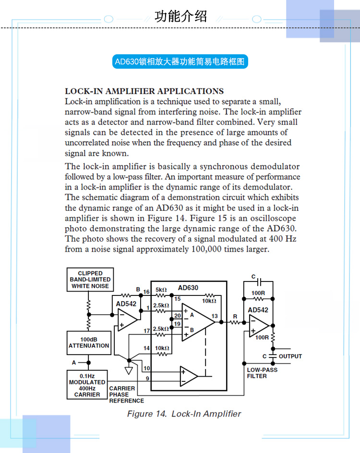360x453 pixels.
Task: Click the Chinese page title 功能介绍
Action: (x=181, y=16)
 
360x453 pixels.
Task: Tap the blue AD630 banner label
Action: (x=180, y=61)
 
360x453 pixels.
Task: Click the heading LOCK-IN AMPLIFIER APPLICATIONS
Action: (x=144, y=91)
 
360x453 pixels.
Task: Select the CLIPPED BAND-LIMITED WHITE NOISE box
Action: (x=90, y=280)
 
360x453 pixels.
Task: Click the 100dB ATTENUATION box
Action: (x=89, y=343)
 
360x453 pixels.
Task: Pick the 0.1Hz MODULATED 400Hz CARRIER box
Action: (x=87, y=385)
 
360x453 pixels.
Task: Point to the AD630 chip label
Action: (x=188, y=288)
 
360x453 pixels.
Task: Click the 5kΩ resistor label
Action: (x=161, y=290)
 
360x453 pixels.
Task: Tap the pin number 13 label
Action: (x=215, y=316)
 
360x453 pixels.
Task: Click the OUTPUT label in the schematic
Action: (x=290, y=356)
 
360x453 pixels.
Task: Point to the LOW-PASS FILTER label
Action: (x=262, y=373)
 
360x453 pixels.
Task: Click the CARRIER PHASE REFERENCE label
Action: (x=126, y=395)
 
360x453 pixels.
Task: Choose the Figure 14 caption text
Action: (x=184, y=414)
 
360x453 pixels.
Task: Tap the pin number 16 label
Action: (x=146, y=292)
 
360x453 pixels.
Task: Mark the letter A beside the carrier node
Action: (x=74, y=363)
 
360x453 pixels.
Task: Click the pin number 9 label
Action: (x=147, y=379)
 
